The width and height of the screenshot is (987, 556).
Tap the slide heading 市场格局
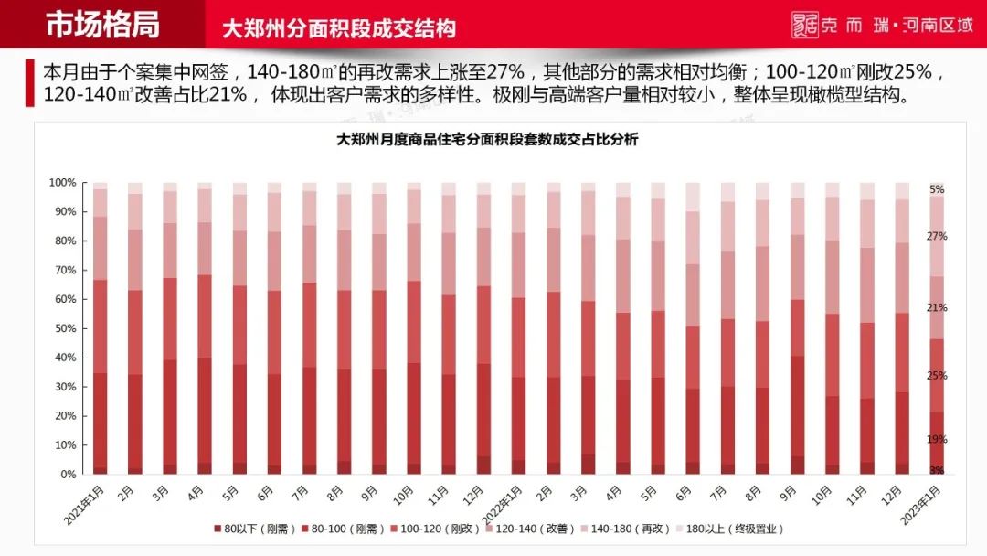tap(102, 25)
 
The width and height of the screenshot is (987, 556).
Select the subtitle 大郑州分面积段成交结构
tap(339, 28)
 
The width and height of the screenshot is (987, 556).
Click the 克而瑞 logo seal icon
tap(804, 25)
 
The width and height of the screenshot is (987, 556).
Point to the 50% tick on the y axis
tap(63, 328)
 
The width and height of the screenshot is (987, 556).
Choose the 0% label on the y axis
tap(67, 475)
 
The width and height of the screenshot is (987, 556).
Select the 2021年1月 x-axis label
tap(83, 500)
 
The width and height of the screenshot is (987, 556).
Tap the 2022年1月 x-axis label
tap(502, 501)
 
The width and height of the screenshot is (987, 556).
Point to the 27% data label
tap(937, 236)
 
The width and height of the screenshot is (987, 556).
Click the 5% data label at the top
tap(937, 189)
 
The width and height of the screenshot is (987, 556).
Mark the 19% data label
tap(937, 440)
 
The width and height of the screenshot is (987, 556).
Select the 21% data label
tap(937, 308)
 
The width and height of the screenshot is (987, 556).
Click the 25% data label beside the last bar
tap(937, 376)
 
